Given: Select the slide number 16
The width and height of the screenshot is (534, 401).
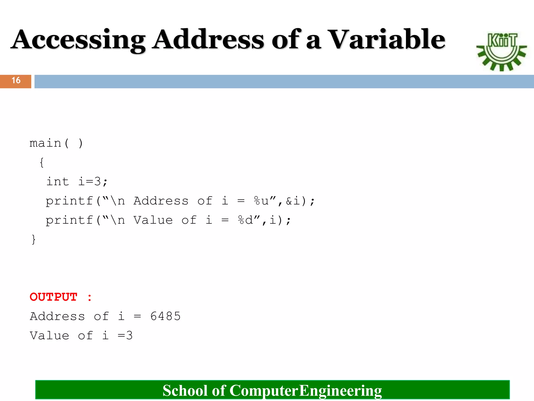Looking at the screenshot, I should pos(16,80).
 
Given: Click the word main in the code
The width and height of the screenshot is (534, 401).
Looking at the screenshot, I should pos(45,143).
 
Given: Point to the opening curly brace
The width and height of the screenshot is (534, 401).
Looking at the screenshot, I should pos(42,162).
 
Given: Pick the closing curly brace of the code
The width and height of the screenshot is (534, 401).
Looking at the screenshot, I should pos(33,239).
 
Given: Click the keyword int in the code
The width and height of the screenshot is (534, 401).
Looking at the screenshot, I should pos(58,182).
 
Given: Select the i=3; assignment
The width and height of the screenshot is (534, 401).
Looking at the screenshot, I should pos(93,182).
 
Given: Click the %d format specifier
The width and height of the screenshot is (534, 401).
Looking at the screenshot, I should pos(245,220).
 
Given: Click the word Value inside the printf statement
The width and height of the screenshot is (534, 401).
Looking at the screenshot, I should pos(153,220).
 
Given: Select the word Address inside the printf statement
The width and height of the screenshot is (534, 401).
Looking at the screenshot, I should pos(161,201).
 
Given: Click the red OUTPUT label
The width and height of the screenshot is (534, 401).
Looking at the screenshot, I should pos(53,297).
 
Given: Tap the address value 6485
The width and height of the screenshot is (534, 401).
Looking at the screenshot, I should pos(166,316).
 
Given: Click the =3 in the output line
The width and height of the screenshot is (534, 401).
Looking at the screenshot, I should pos(125,336).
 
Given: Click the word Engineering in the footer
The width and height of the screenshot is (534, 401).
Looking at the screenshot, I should pos(340,391).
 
